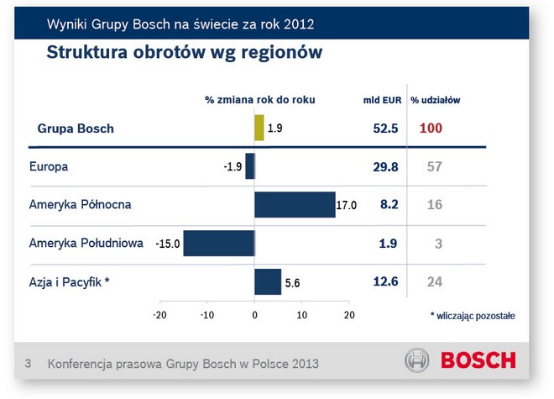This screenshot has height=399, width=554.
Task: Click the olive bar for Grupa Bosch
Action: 259,129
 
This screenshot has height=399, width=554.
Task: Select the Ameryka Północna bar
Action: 295,204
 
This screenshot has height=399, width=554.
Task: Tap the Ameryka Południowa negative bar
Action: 218,244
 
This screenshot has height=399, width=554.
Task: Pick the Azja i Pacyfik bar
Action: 268,282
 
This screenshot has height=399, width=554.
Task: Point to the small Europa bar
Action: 249,166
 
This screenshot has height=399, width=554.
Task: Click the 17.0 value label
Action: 348,205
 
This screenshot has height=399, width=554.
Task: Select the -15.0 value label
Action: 167,244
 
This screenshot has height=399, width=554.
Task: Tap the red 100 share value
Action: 430,129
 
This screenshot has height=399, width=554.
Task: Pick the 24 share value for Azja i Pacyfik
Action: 434,281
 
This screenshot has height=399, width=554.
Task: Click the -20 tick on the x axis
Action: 159,315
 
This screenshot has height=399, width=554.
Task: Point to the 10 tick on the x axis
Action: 303,315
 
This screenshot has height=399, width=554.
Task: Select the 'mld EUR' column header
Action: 382,100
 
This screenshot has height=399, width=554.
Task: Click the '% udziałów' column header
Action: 435,100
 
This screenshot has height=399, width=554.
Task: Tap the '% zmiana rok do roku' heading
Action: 260,100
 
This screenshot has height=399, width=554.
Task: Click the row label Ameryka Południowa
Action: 86,243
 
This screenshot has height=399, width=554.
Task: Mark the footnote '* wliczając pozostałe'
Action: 473,316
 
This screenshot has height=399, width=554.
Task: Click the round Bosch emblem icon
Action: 417,361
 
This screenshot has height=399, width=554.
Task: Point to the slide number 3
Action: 28,364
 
